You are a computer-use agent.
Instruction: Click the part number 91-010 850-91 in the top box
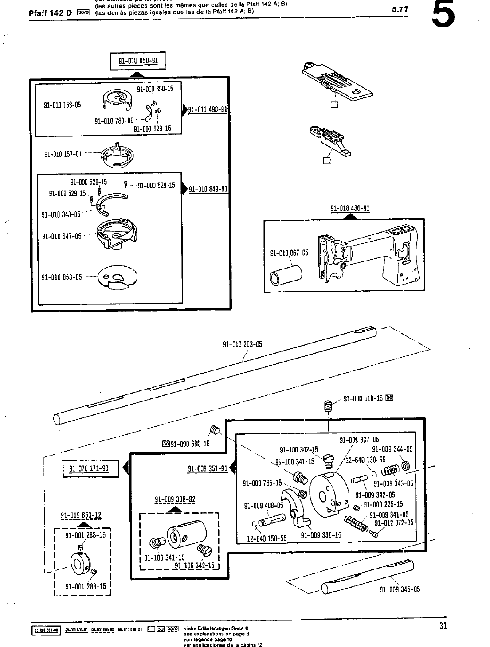pos(138,62)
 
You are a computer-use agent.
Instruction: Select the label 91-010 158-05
pos(63,105)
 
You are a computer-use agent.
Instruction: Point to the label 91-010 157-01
pos(63,154)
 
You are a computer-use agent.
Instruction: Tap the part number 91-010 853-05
pos(62,277)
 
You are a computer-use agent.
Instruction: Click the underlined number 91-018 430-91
pos(350,208)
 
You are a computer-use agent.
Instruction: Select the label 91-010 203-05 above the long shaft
pos(242,344)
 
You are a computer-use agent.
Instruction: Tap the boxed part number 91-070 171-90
pos(90,468)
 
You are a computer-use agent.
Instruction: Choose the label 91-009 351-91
pos(208,468)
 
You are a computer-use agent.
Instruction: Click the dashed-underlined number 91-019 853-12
pos(81,515)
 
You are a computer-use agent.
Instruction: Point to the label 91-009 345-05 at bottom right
pos(400,589)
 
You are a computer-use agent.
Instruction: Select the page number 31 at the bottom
pos(443,626)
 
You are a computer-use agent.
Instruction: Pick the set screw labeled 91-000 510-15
pos(328,405)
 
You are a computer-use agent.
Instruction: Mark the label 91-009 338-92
pos(175,500)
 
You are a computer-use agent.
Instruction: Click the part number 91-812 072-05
pos(394,523)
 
